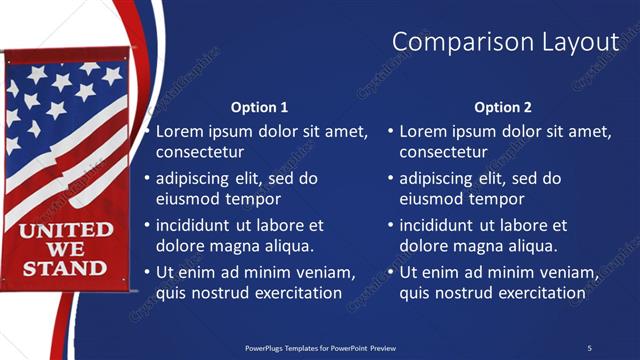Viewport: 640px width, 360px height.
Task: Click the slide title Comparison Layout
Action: click(505, 41)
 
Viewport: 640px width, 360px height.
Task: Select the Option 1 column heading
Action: click(259, 107)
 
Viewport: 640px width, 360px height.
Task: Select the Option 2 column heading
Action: click(503, 107)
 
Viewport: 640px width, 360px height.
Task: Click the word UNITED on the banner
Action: click(66, 231)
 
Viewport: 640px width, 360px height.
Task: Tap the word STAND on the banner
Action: click(64, 268)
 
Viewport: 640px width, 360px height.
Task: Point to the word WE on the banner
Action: click(66, 249)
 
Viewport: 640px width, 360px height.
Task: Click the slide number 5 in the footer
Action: click(589, 347)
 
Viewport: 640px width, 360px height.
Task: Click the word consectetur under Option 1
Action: click(200, 152)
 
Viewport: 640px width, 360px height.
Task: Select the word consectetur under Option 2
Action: click(443, 152)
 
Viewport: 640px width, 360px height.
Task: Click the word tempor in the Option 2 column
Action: click(489, 199)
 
